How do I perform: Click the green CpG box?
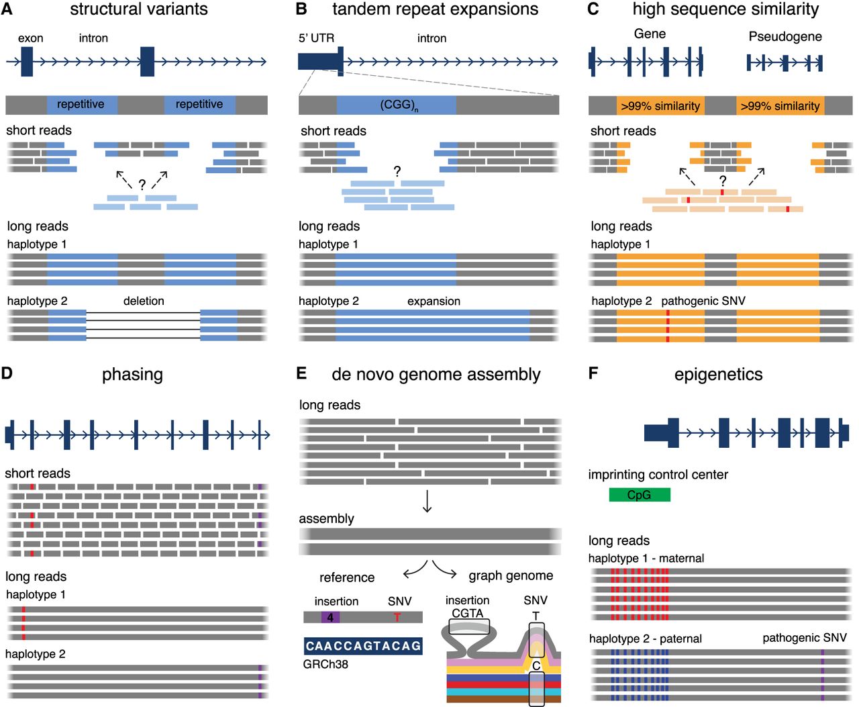click(639, 495)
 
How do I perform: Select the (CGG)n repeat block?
click(397, 105)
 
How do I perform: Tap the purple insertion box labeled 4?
click(330, 617)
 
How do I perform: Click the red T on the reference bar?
click(397, 617)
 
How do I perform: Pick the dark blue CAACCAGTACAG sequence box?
click(363, 646)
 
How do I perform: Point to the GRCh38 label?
click(325, 665)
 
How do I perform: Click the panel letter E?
click(301, 373)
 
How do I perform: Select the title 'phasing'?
click(132, 375)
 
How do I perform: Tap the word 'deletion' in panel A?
click(144, 301)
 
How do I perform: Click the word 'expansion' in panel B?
click(434, 301)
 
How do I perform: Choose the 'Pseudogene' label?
click(785, 36)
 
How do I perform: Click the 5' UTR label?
click(316, 38)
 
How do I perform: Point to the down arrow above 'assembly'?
click(427, 501)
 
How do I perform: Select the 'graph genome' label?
click(511, 575)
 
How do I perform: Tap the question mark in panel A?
click(142, 185)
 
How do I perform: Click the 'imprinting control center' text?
click(658, 475)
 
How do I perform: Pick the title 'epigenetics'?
click(718, 375)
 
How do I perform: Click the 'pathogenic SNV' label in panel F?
click(804, 638)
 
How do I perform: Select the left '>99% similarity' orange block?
click(660, 105)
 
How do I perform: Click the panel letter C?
click(593, 9)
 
